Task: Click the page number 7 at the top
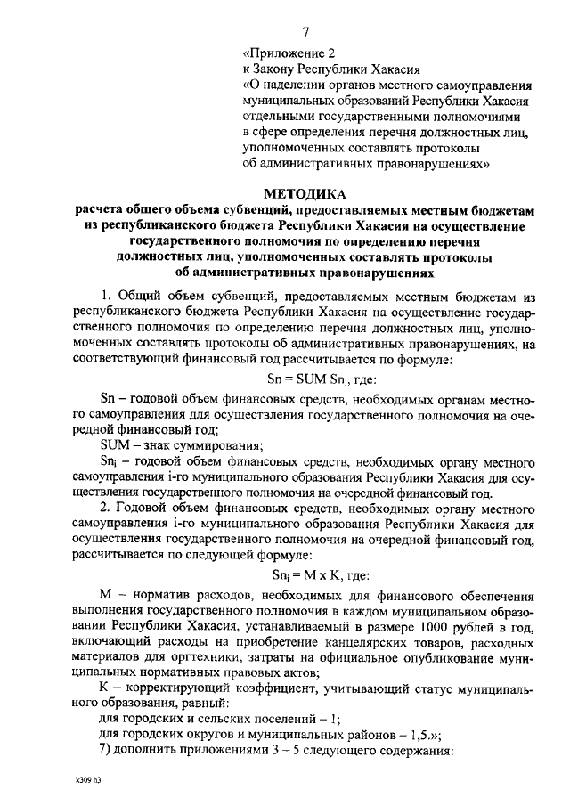tap(305, 32)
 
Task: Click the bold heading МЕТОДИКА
tap(305, 193)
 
